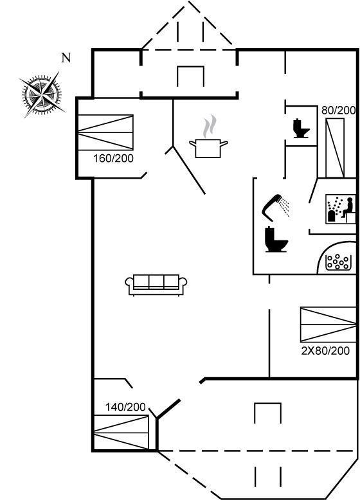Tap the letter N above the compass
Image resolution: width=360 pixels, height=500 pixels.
point(66,58)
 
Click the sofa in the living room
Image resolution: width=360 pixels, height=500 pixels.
point(156,285)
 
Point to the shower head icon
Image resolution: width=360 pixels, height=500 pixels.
point(276,207)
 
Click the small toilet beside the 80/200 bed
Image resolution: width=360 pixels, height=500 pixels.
point(301,128)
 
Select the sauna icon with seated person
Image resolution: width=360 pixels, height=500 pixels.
point(341,209)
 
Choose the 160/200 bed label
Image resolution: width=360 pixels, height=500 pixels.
point(113,159)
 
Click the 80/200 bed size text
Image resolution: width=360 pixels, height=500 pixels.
point(338,111)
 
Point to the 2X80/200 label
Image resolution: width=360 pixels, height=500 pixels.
point(325,351)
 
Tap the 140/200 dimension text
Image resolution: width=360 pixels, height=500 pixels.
point(125,407)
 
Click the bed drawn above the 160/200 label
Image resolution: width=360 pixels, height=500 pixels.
point(105,132)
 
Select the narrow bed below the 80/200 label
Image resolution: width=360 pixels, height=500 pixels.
point(335,148)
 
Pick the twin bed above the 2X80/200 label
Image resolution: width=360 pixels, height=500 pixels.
point(328,325)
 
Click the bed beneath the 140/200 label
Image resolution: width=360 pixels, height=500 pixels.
point(122,432)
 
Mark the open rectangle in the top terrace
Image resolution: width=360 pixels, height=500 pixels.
point(191,76)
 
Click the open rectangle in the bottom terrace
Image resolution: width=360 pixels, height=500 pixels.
point(268,413)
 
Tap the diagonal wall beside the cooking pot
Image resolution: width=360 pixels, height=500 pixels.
point(189,170)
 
